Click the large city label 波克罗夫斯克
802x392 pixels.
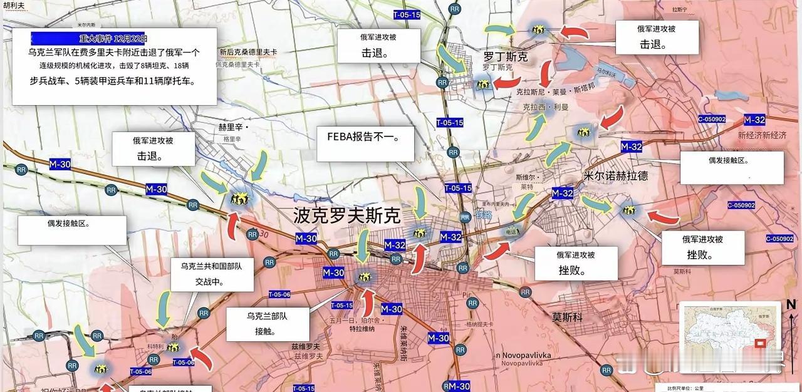(x=346, y=216)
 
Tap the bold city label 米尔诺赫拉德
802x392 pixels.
(x=615, y=176)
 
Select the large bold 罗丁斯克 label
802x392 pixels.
(x=505, y=57)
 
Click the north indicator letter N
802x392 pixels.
(x=791, y=305)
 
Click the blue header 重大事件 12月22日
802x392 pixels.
(x=89, y=38)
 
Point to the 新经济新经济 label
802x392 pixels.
(x=762, y=135)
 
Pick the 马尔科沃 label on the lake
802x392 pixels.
(x=605, y=73)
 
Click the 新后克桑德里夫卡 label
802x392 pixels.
(x=248, y=52)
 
